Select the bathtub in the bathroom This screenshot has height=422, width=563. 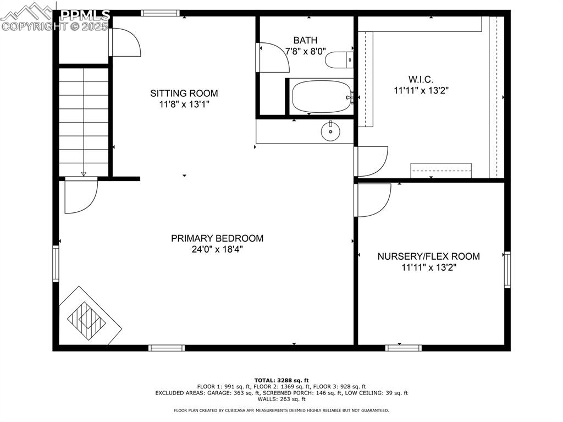[x=322, y=97]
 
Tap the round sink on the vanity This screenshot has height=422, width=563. [x=330, y=131]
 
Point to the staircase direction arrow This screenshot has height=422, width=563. [x=84, y=173]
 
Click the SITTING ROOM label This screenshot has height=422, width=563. [x=184, y=93]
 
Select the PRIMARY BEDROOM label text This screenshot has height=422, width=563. [x=217, y=238]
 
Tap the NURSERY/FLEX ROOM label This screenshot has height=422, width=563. [x=428, y=256]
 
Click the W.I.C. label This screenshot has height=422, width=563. [x=421, y=80]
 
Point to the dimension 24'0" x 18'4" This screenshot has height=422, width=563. [x=217, y=249]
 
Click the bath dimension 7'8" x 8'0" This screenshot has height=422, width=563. [x=305, y=51]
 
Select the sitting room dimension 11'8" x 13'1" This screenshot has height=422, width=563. [x=184, y=104]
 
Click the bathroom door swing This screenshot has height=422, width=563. [x=273, y=57]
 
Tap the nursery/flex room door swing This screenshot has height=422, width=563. [x=373, y=200]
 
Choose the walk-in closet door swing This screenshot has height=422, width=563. [x=372, y=161]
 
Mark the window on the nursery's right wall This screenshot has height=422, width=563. [x=507, y=270]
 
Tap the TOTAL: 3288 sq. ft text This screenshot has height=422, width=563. [x=281, y=380]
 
